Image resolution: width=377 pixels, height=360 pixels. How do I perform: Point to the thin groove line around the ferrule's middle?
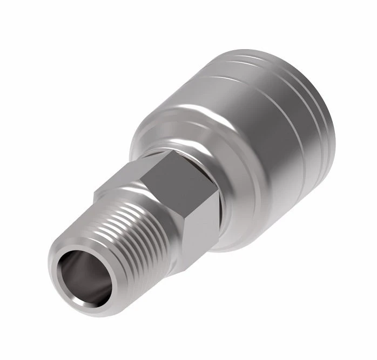292,135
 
